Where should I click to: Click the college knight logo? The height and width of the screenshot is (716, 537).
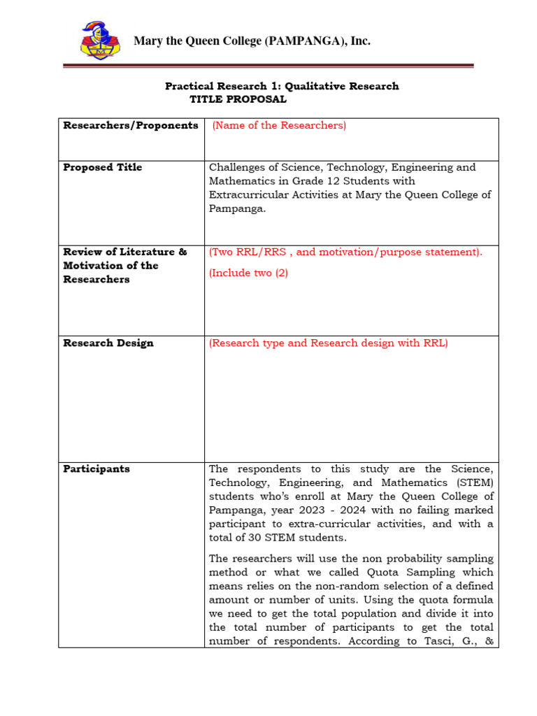[x=99, y=41]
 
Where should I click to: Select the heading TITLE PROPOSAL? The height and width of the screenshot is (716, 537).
[x=238, y=99]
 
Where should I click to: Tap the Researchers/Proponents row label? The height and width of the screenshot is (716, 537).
[x=131, y=125]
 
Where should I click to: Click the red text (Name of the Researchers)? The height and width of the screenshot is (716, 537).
[x=279, y=125]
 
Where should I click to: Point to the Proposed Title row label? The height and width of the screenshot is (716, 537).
[x=102, y=167]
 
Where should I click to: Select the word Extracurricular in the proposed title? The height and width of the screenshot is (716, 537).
[x=247, y=194]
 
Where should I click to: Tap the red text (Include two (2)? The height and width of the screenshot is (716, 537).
[x=248, y=273]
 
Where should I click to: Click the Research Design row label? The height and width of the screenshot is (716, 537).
[x=108, y=343]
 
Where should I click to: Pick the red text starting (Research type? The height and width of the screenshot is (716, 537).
[x=328, y=343]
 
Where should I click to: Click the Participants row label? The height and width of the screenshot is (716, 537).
[x=96, y=469]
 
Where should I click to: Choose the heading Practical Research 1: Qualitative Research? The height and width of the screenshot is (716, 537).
[x=282, y=86]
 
